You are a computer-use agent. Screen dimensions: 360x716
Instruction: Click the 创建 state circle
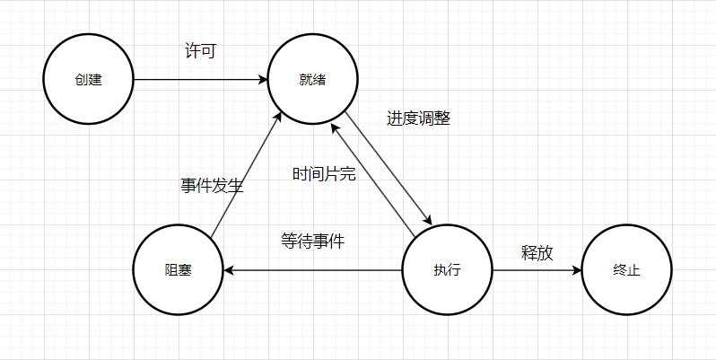(89, 79)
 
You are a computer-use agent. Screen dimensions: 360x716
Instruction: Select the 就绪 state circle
(312, 79)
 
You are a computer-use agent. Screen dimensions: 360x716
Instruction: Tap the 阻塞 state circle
(178, 269)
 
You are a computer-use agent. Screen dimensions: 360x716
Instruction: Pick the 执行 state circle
(446, 269)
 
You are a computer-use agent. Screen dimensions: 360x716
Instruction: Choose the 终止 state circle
(625, 269)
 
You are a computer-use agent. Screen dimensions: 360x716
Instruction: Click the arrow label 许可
(199, 51)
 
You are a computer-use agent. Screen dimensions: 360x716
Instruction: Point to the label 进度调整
(418, 119)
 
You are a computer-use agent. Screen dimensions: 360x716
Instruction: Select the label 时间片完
(324, 173)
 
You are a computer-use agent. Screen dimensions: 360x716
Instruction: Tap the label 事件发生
(212, 186)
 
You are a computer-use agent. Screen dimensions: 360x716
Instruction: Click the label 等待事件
(312, 241)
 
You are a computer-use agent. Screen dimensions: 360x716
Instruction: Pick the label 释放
(537, 252)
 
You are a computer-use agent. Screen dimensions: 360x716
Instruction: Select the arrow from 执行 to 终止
(536, 269)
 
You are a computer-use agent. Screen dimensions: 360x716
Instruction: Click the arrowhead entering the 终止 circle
(576, 269)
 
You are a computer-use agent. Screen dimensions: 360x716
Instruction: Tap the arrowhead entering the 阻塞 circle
(228, 269)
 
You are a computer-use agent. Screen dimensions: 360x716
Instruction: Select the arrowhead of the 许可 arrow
(263, 79)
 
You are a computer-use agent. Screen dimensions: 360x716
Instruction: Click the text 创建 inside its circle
(89, 79)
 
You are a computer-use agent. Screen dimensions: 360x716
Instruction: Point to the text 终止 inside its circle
(625, 269)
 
